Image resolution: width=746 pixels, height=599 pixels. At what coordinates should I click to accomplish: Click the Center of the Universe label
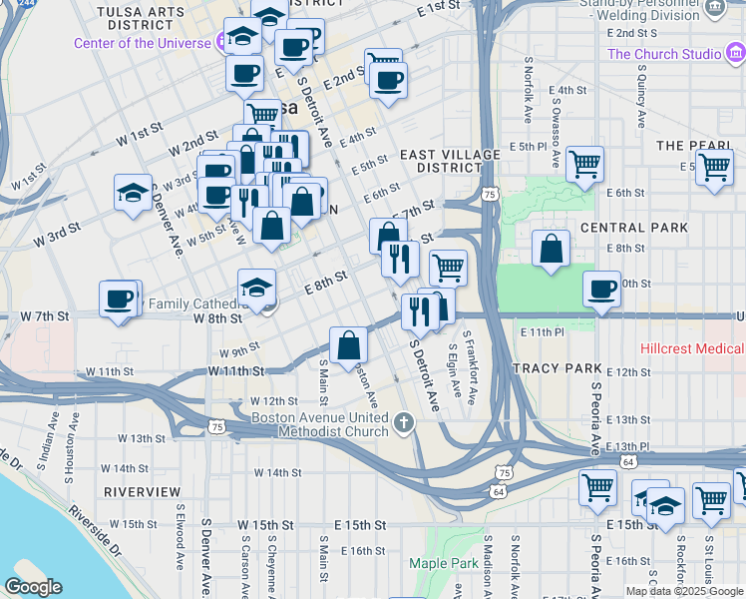(142, 43)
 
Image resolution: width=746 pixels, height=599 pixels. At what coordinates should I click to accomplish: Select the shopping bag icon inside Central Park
(551, 250)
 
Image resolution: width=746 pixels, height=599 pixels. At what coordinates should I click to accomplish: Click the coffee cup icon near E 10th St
(601, 290)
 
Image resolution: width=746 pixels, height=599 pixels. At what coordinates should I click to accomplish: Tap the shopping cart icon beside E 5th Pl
(584, 164)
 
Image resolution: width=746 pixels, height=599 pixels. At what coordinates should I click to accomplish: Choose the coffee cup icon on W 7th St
(119, 299)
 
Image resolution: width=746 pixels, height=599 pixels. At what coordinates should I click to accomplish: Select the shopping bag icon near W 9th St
(349, 345)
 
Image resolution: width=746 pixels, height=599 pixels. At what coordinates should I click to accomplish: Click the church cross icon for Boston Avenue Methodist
(404, 423)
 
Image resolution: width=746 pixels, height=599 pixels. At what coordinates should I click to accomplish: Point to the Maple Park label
(443, 563)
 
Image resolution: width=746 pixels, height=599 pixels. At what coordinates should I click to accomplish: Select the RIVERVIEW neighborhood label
(142, 492)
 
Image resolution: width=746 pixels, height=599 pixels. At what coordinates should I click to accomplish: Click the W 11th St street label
(109, 370)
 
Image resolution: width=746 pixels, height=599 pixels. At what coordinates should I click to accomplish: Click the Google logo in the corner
(34, 587)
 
